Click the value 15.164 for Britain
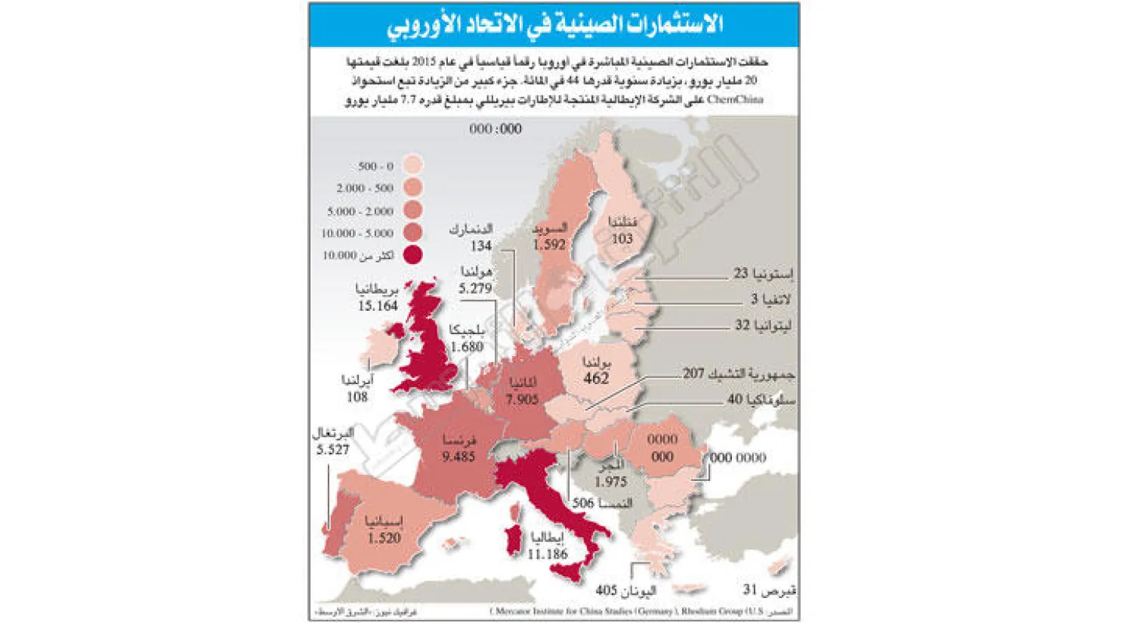(x=378, y=305)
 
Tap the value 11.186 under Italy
(x=548, y=554)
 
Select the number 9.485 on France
(x=458, y=457)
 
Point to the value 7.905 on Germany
(x=522, y=399)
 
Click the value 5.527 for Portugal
(x=332, y=450)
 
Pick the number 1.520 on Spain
(x=384, y=538)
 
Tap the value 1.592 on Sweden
(x=548, y=244)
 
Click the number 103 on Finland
(x=622, y=239)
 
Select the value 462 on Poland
(x=596, y=378)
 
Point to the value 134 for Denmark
(x=480, y=245)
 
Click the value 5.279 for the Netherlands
(x=475, y=288)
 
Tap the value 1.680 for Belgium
(x=466, y=346)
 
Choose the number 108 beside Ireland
(x=357, y=396)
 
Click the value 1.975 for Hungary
(x=610, y=482)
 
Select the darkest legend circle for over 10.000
(x=412, y=255)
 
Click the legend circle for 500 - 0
(x=412, y=166)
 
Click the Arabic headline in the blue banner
(x=554, y=25)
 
